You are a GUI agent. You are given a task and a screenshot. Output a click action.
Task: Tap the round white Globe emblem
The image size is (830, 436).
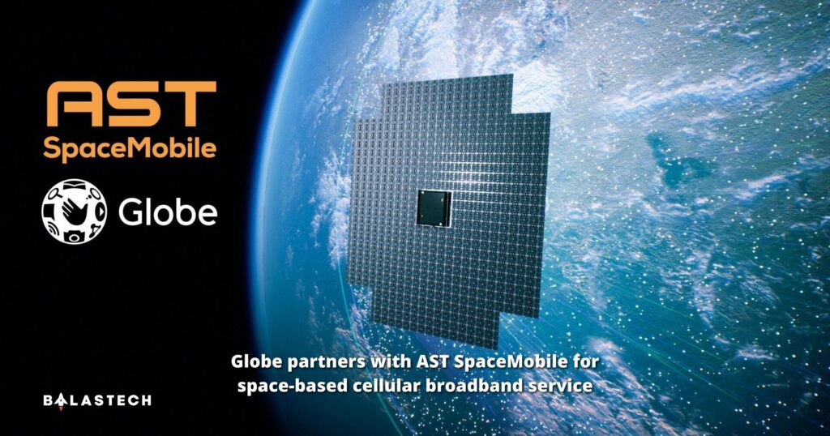[74, 211]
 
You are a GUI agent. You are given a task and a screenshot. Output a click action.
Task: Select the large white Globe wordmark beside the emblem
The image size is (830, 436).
[168, 212]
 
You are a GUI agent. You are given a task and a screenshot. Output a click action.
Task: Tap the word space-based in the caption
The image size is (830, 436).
[285, 386]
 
